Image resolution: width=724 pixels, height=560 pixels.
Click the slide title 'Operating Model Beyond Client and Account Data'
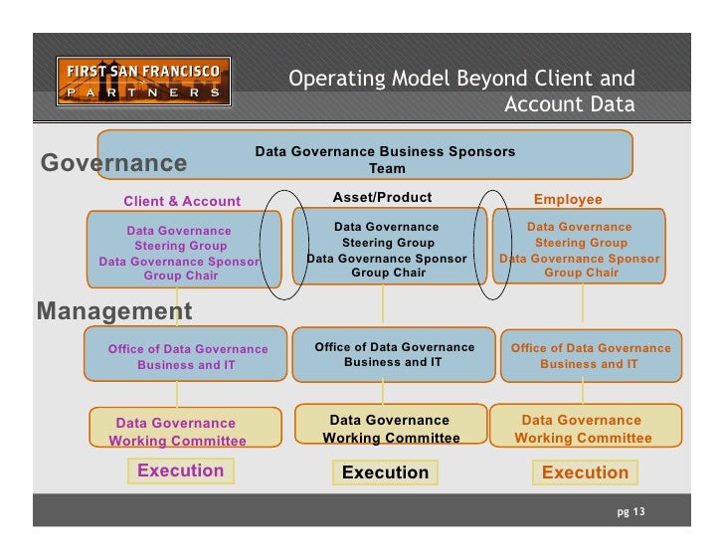[x=461, y=92]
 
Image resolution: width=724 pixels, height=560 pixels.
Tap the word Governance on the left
[x=113, y=163]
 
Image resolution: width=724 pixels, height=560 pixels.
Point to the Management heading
[x=114, y=311]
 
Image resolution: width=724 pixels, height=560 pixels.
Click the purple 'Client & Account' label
[x=182, y=201]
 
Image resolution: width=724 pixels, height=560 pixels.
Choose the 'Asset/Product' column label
[x=383, y=198]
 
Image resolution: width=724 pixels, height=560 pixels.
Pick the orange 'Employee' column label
[x=568, y=200]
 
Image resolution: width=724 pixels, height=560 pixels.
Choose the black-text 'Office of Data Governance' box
[x=394, y=354]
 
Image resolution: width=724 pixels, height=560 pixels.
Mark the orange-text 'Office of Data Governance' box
[x=591, y=356]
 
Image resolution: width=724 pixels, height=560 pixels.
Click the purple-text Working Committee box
[x=177, y=432]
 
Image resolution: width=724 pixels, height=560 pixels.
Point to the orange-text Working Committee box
[x=583, y=429]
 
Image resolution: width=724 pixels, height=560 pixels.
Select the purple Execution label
[x=180, y=470]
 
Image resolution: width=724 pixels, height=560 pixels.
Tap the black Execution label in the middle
[x=385, y=472]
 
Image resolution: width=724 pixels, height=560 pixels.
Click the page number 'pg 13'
[x=631, y=511]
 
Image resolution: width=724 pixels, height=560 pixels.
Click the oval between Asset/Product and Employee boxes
[x=494, y=245]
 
